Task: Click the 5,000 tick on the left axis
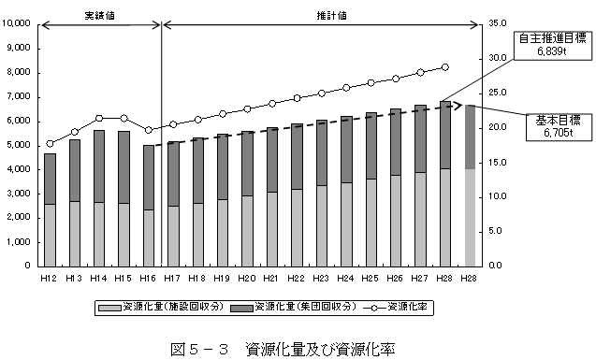21,144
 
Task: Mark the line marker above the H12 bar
50,144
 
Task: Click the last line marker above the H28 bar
444,67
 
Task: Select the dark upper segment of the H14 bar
99,166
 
